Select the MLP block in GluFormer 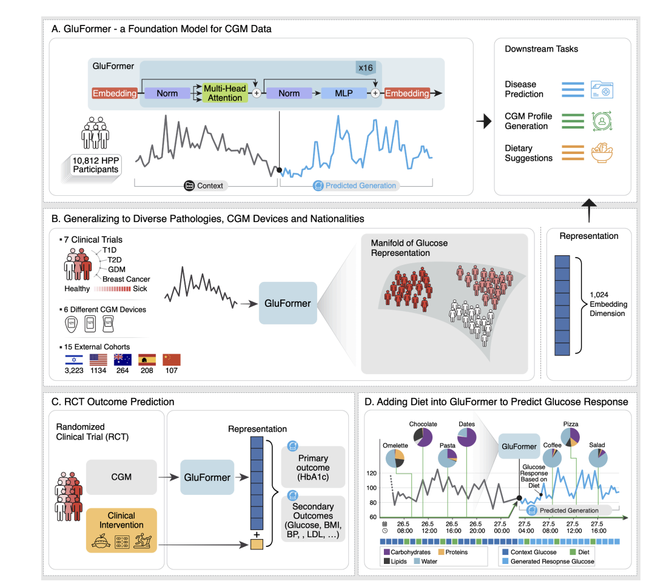click(x=344, y=93)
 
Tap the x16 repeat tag click(x=365, y=67)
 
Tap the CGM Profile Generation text click(x=526, y=121)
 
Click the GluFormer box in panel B click(x=287, y=303)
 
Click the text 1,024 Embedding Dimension click(x=608, y=304)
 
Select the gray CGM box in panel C click(x=121, y=477)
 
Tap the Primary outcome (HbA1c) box click(x=314, y=468)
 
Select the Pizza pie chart click(x=570, y=438)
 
